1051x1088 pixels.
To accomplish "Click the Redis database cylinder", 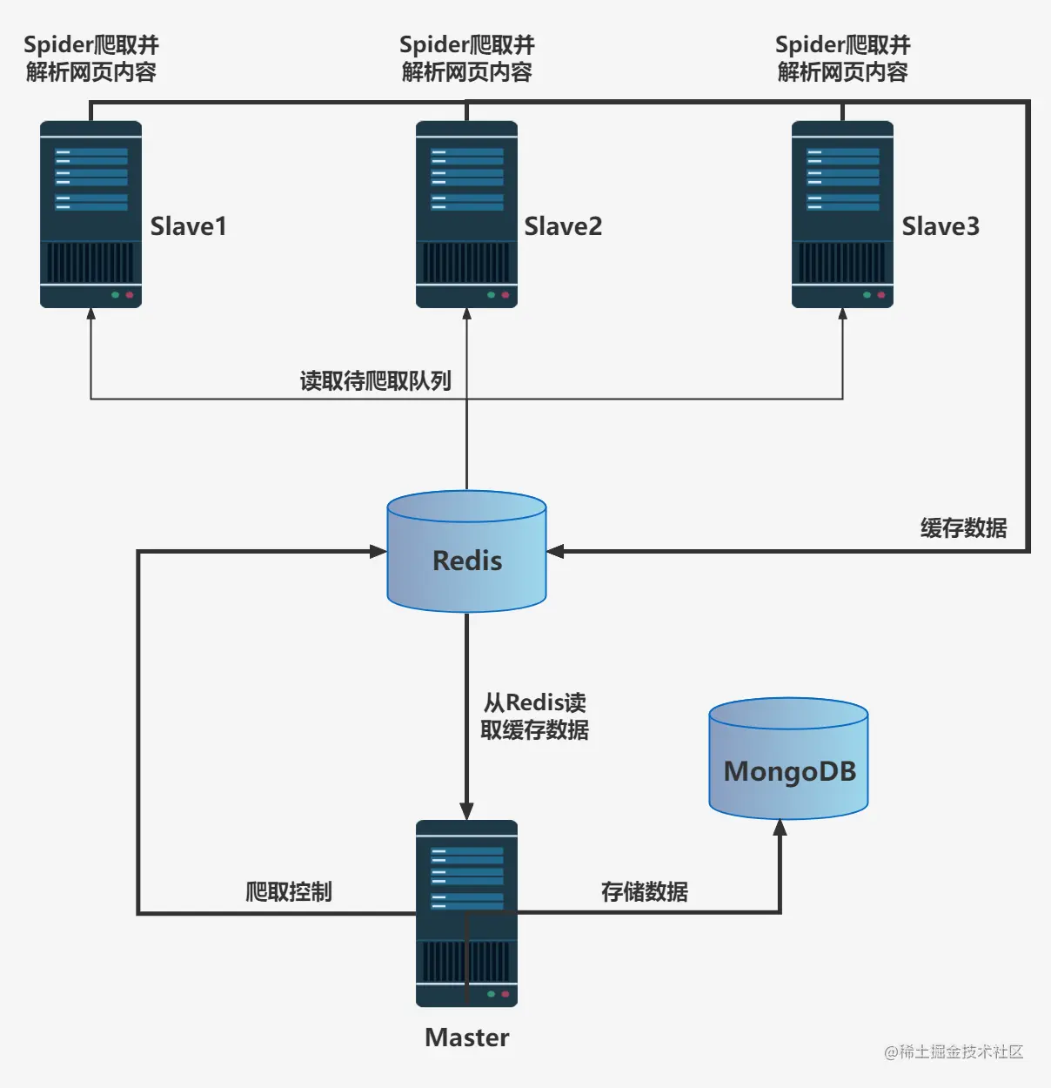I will coord(466,552).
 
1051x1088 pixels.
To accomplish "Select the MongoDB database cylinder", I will coord(788,759).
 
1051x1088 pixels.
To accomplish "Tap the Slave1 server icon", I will coord(90,214).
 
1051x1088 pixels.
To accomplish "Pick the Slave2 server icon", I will coord(466,214).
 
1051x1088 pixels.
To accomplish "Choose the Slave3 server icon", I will coord(842,214).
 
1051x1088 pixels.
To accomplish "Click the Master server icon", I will coord(466,913).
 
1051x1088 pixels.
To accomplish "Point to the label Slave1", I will coord(188,226).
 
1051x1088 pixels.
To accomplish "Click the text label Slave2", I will coord(563,226).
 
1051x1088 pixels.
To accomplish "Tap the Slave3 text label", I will coord(941,226).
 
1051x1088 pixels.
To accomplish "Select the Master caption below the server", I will coord(466,1038).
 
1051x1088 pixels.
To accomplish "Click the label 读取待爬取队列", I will coord(375,380).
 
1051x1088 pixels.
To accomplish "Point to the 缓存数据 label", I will coord(963,527).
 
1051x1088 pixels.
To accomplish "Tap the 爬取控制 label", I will coord(288,891).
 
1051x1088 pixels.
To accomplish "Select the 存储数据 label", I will coord(644,891).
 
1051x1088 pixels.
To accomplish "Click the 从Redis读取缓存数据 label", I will coord(534,716).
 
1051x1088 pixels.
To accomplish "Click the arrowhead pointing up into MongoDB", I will coord(780,828).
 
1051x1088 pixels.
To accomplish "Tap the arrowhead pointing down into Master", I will coord(466,810).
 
